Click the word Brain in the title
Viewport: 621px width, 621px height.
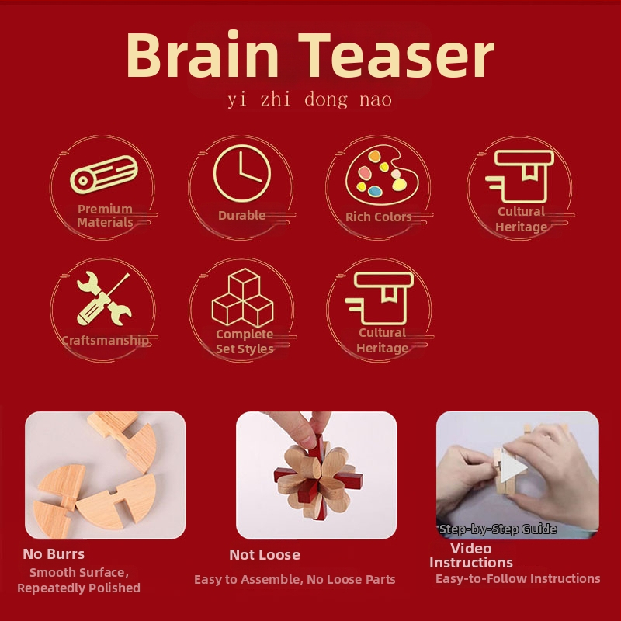pyautogui.click(x=202, y=56)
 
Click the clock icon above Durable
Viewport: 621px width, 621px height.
pyautogui.click(x=241, y=175)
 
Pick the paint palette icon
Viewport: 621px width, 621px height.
pyautogui.click(x=378, y=173)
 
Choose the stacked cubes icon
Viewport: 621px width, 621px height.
pyautogui.click(x=242, y=298)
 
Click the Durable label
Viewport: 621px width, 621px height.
pyautogui.click(x=241, y=216)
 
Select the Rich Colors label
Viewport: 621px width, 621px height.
pyautogui.click(x=379, y=217)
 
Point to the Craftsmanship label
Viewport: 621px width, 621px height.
pyautogui.click(x=105, y=340)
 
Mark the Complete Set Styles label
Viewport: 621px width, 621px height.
pyautogui.click(x=245, y=342)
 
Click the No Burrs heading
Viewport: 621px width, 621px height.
pyautogui.click(x=54, y=554)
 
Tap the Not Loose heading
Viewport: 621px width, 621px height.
pyautogui.click(x=265, y=555)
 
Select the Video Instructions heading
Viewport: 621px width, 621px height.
pyautogui.click(x=471, y=556)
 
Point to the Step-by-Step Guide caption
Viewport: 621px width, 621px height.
pyautogui.click(x=498, y=529)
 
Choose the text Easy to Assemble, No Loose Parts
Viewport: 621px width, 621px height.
pyautogui.click(x=295, y=580)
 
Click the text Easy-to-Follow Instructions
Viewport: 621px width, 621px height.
pyautogui.click(x=518, y=579)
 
